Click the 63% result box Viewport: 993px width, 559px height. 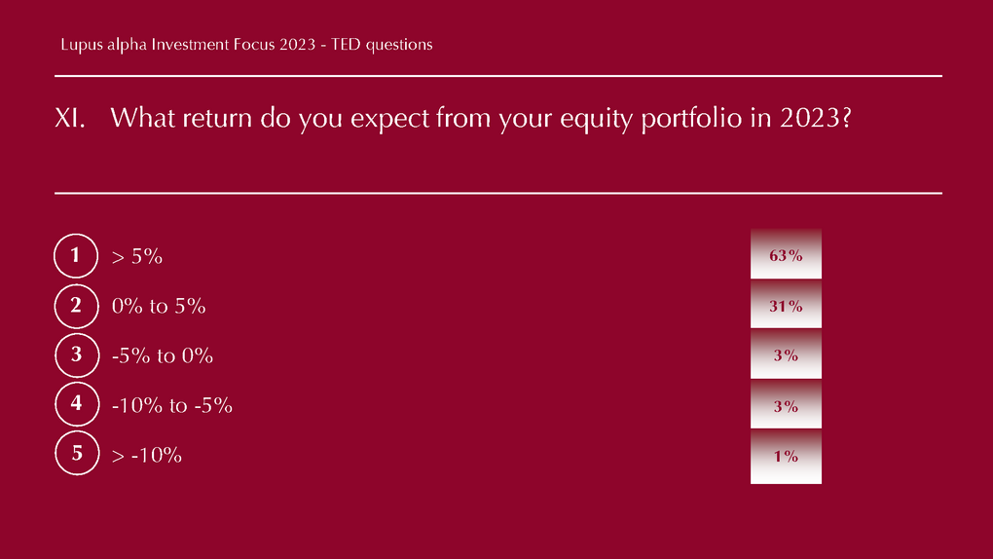click(786, 253)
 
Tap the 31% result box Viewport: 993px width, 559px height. click(786, 304)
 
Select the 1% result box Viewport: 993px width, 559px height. click(786, 457)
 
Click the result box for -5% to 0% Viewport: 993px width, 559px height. click(786, 354)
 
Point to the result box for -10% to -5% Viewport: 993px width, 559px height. click(786, 404)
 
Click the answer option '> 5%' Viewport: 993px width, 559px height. click(137, 257)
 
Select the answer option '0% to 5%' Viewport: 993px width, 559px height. click(159, 306)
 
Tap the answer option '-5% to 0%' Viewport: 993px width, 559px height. click(163, 355)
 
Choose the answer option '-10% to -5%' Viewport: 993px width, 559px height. click(171, 405)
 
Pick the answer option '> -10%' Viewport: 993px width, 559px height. click(146, 455)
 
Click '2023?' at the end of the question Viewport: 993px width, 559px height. click(816, 118)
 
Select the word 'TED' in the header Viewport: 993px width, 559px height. click(346, 45)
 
